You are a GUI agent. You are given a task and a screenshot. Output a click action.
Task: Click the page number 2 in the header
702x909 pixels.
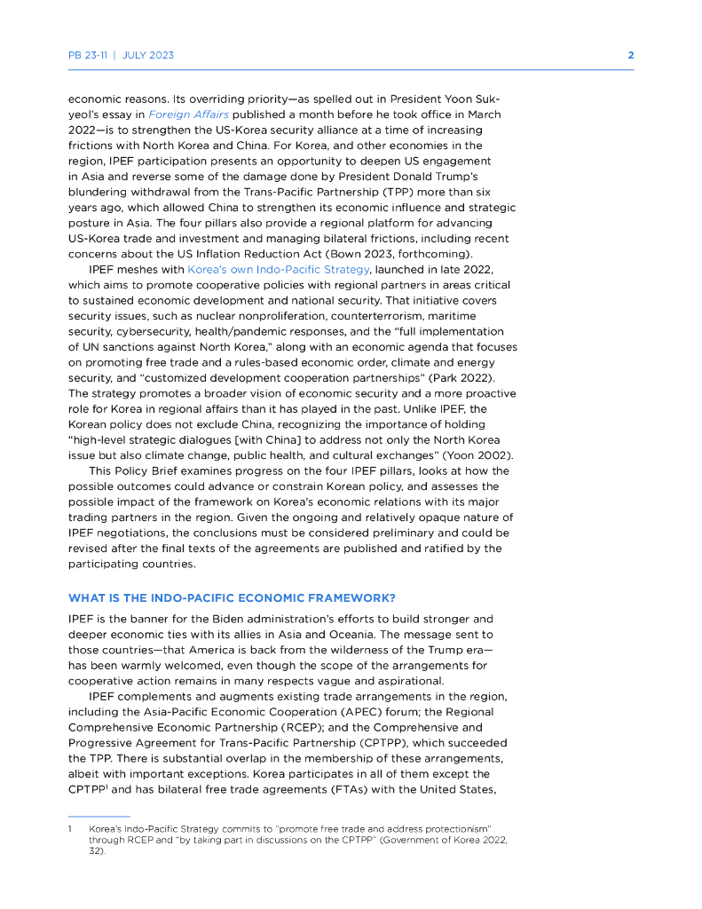pyautogui.click(x=630, y=55)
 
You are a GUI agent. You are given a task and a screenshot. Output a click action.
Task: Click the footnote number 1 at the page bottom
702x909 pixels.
pyautogui.click(x=70, y=827)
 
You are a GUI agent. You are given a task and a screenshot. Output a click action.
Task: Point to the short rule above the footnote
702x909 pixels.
pyautogui.click(x=99, y=816)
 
